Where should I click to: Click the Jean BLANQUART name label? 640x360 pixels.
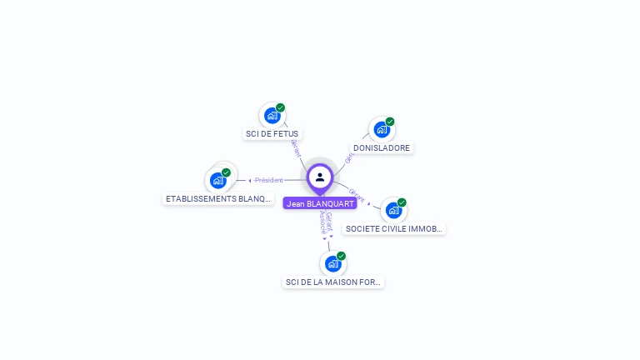[320, 203]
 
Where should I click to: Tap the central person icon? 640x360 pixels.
[320, 177]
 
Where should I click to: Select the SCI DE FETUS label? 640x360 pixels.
[272, 133]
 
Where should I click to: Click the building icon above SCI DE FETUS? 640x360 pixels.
[272, 115]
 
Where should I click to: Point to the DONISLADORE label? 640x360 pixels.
[382, 147]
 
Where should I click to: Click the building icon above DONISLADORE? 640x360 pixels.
[382, 129]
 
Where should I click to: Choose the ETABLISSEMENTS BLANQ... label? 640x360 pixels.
[218, 198]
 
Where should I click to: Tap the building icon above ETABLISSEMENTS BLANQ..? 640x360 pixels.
[217, 180]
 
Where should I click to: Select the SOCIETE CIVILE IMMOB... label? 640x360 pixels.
[393, 228]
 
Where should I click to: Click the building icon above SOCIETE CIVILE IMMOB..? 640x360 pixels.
[393, 210]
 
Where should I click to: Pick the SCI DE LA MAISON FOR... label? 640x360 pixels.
[333, 282]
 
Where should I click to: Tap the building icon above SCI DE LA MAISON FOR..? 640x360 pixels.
[333, 263]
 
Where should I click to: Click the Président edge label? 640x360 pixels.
[269, 180]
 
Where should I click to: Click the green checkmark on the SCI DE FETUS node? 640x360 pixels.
[281, 107]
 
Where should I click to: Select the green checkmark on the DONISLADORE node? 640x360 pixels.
[390, 122]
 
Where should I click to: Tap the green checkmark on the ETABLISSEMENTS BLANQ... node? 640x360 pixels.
[226, 172]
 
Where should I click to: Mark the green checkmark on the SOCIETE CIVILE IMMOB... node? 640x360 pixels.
[402, 202]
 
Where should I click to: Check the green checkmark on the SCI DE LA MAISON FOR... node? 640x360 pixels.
[341, 256]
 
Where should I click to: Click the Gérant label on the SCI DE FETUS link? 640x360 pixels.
[295, 148]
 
